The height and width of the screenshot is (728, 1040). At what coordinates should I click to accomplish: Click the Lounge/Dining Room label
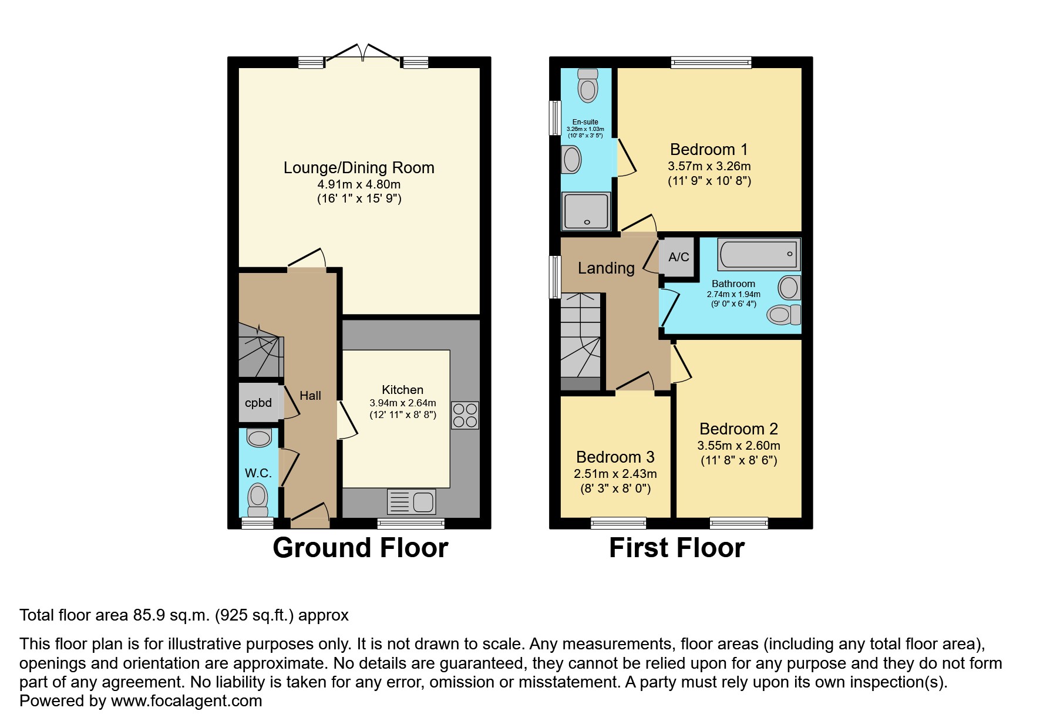[x=359, y=168]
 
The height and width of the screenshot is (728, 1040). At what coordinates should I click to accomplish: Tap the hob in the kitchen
[x=465, y=415]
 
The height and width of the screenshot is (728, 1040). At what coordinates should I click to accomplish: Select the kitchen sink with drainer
[x=412, y=502]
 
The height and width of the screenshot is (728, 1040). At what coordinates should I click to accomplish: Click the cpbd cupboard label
[x=258, y=403]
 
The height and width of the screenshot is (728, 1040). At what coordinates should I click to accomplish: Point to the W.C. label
[x=258, y=473]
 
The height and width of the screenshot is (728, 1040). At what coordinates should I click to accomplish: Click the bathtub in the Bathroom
[x=759, y=254]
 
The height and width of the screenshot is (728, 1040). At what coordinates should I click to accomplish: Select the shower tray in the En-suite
[x=587, y=211]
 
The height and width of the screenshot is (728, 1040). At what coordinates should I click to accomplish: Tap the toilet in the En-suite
[x=587, y=86]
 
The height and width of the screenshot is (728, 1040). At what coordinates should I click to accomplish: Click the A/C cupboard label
[x=679, y=257]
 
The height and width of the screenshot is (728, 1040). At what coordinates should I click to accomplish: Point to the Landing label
[x=606, y=268]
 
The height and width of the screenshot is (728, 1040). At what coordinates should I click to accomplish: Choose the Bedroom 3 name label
[x=615, y=457]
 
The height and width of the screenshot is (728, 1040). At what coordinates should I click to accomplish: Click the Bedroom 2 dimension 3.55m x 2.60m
[x=739, y=446]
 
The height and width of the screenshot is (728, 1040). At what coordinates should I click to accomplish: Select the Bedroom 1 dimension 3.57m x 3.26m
[x=709, y=166]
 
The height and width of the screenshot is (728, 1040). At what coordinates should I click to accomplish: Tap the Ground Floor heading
[x=361, y=548]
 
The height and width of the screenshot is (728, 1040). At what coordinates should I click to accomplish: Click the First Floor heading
[x=677, y=548]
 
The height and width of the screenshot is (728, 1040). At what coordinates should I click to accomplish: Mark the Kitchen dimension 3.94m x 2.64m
[x=403, y=403]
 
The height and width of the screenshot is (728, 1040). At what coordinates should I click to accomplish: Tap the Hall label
[x=310, y=396]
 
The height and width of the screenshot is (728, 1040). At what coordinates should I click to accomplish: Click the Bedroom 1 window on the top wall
[x=711, y=62]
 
